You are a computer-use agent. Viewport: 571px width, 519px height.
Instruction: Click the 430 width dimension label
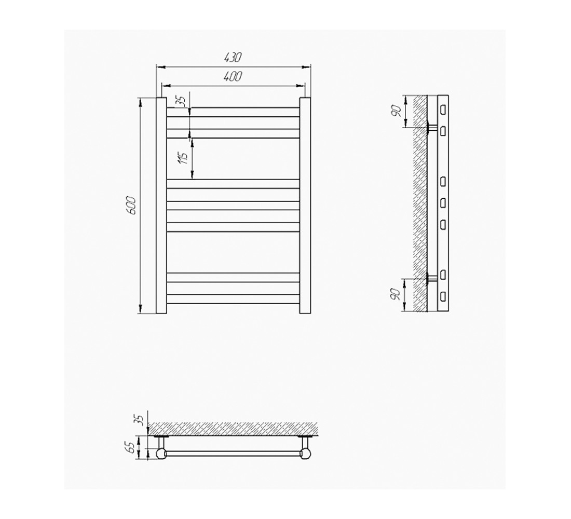click(234, 58)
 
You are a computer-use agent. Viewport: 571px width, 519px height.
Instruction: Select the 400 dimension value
click(234, 76)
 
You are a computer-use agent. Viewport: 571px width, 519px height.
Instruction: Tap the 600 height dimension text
click(131, 206)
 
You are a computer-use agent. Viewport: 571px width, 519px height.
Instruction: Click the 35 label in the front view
click(183, 101)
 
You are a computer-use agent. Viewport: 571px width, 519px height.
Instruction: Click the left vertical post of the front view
click(161, 206)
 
